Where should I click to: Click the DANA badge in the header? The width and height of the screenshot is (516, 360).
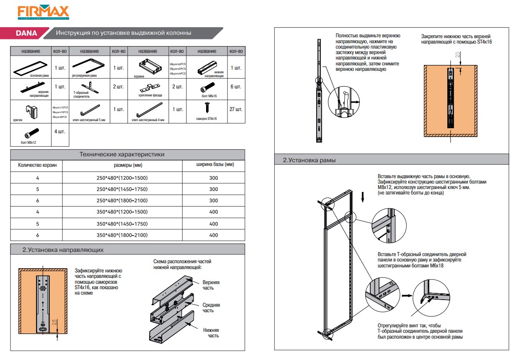pos(26,33)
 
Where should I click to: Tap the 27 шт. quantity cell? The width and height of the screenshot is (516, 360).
pos(236,109)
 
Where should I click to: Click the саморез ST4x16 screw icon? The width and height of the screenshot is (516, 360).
pos(207,108)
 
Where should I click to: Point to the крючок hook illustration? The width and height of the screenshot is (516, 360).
pos(31,111)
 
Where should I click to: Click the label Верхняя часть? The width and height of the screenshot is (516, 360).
pos(211,285)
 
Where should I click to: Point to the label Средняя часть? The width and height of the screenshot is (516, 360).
pos(211,308)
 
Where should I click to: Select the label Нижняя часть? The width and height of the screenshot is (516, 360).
pos(211,333)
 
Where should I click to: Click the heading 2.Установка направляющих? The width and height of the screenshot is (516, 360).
pos(63,250)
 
